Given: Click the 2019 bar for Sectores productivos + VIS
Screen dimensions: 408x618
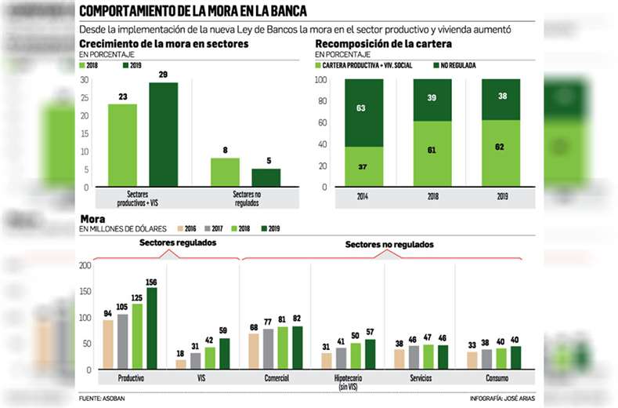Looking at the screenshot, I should click(x=163, y=135).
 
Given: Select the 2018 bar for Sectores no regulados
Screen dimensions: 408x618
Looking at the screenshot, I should click(x=225, y=173).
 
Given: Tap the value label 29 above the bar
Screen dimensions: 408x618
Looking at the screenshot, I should click(x=163, y=74).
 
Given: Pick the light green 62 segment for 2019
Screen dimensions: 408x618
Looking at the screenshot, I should click(x=500, y=153).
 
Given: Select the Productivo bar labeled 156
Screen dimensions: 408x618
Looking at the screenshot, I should click(x=151, y=328).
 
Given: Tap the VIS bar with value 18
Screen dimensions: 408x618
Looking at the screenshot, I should click(x=181, y=364).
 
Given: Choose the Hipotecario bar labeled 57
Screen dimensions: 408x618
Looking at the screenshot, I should click(x=370, y=354).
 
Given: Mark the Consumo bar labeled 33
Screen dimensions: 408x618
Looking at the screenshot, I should click(x=472, y=360).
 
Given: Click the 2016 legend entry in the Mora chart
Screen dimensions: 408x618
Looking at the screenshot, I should click(x=192, y=228).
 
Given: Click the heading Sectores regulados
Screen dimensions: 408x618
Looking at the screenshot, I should click(x=178, y=243).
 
